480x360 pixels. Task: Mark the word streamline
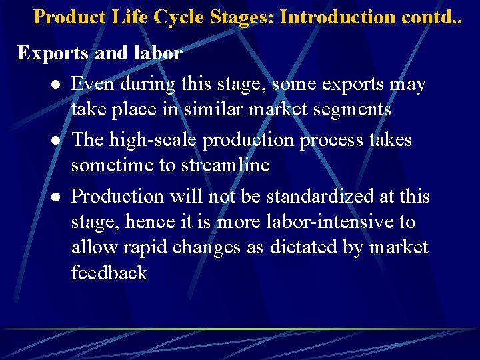pos(225,165)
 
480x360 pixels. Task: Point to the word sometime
pos(113,165)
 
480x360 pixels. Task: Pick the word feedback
pos(109,272)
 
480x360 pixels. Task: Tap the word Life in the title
pos(131,17)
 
